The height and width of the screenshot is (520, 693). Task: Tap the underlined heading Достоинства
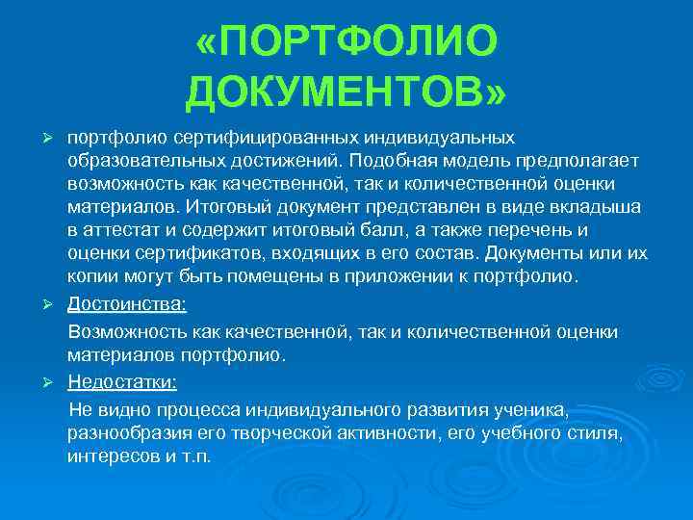127,304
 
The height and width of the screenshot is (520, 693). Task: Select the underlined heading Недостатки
122,382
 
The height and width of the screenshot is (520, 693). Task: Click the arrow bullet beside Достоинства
57,304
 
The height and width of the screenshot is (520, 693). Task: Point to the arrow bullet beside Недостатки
57,382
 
